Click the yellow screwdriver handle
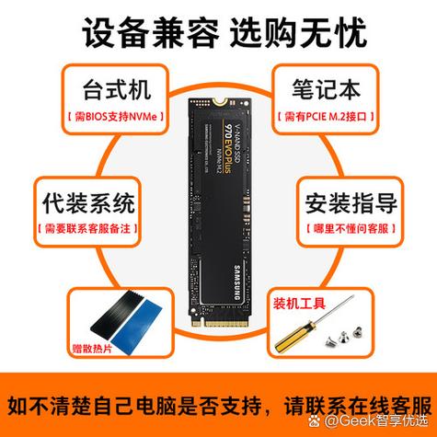pos(289,328)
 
